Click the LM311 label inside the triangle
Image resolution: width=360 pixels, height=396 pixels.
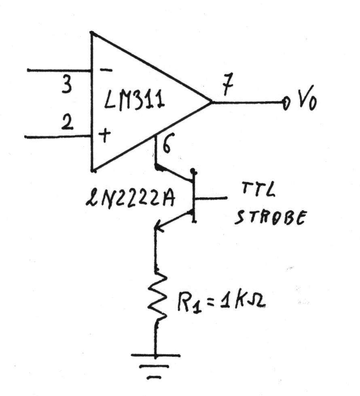134,100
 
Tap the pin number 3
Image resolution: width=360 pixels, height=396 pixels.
66,85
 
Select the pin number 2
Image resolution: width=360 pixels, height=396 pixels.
67,123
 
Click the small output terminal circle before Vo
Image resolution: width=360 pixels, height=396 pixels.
286,103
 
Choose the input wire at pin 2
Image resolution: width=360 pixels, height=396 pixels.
58,137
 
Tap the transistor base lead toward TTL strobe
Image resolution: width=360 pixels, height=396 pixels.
211,198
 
